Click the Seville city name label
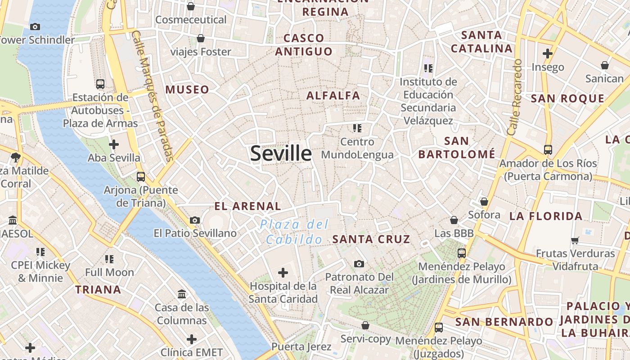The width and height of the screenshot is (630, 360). tap(281, 153)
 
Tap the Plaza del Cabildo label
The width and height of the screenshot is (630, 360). tap(294, 232)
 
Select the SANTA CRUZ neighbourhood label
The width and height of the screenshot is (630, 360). tap(371, 239)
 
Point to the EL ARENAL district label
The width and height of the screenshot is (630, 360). tap(247, 207)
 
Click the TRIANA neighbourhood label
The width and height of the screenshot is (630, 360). tap(98, 289)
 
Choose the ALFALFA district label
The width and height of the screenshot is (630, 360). tap(333, 95)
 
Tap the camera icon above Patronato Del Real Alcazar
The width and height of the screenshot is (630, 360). tap(359, 264)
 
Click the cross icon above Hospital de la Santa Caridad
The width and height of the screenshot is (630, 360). tap(283, 272)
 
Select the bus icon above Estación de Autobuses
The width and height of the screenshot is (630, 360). tap(100, 84)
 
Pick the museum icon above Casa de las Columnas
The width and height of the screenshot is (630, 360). tap(182, 294)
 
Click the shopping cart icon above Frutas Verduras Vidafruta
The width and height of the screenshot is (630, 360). tap(575, 240)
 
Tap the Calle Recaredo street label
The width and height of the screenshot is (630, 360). tap(514, 97)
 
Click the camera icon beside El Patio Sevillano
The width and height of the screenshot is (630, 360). tap(194, 220)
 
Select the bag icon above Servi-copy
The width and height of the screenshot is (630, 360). tap(365, 325)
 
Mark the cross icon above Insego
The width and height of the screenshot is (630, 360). tap(547, 54)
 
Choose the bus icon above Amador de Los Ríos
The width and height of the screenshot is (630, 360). tap(548, 150)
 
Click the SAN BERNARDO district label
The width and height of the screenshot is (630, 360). tap(504, 322)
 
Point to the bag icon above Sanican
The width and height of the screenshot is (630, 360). tap(604, 65)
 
